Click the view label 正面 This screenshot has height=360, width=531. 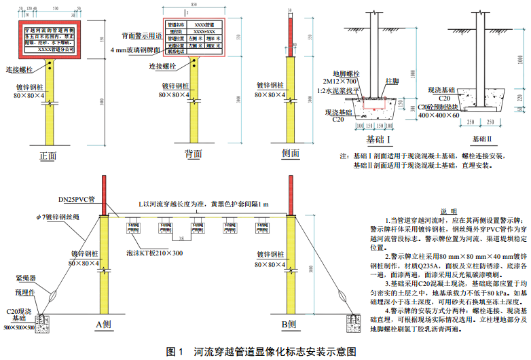click(x=48, y=156)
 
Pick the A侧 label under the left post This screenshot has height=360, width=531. click(x=104, y=324)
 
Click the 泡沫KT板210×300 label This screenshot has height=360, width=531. click(x=154, y=253)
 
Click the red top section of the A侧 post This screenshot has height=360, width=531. click(x=104, y=196)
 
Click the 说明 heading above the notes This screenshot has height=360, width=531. click(x=449, y=211)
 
